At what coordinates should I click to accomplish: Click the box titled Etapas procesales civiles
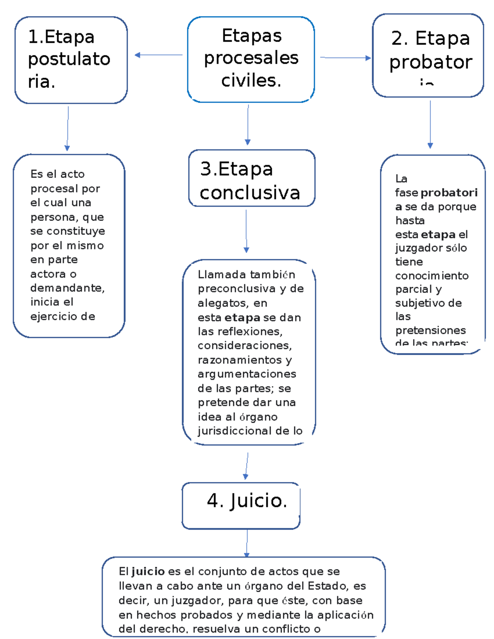pyautogui.click(x=251, y=59)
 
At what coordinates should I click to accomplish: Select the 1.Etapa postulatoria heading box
pyautogui.click(x=71, y=60)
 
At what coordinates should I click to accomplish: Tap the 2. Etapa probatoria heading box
pyautogui.click(x=428, y=56)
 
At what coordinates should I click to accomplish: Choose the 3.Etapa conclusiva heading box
pyautogui.click(x=252, y=178)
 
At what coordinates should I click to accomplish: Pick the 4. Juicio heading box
pyautogui.click(x=241, y=505)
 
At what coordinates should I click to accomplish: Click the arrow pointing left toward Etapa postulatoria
pyautogui.click(x=158, y=55)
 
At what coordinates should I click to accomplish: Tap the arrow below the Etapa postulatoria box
pyautogui.click(x=68, y=128)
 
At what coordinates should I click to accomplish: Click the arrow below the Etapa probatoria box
pyautogui.click(x=430, y=124)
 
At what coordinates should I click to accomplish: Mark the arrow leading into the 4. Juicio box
pyautogui.click(x=247, y=466)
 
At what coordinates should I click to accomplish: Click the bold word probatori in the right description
pyautogui.click(x=449, y=193)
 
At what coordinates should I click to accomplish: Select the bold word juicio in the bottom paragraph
pyautogui.click(x=148, y=571)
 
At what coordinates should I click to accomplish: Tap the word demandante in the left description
pyautogui.click(x=67, y=288)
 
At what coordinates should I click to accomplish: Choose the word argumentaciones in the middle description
pyautogui.click(x=247, y=374)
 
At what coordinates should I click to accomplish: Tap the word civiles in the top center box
pyautogui.click(x=251, y=80)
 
